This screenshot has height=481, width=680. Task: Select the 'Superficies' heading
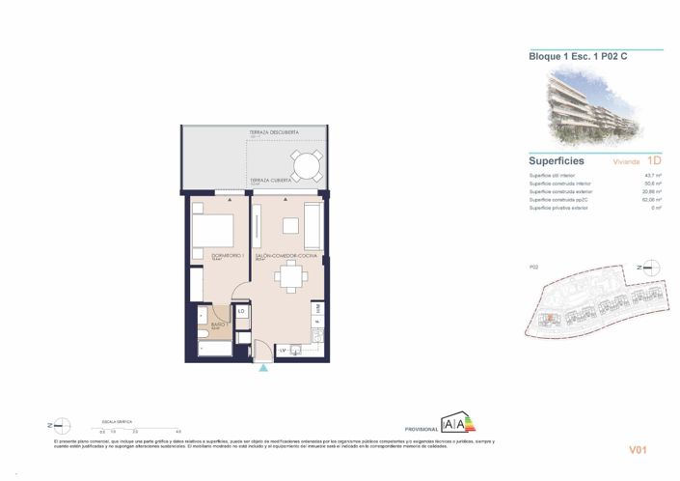pyautogui.click(x=558, y=160)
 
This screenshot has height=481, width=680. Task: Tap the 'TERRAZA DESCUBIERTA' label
pyautogui.click(x=274, y=131)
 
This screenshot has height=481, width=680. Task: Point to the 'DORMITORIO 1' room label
pyautogui.click(x=228, y=256)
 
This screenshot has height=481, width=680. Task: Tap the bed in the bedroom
pyautogui.click(x=213, y=231)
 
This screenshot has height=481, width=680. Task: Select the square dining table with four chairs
pyautogui.click(x=289, y=280)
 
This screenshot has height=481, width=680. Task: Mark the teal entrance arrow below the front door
pyautogui.click(x=264, y=367)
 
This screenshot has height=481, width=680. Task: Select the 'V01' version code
pyautogui.click(x=638, y=449)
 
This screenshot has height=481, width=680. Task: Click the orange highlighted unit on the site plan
pyautogui.click(x=547, y=318)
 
